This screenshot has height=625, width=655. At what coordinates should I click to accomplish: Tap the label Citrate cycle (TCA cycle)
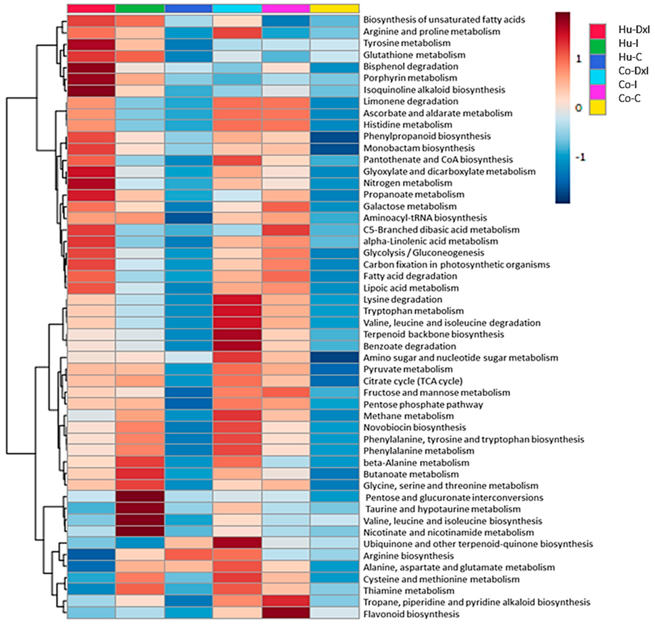[x=412, y=381]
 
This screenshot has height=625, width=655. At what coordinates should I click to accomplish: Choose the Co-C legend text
[x=629, y=98]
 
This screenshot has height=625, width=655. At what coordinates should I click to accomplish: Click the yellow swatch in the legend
[x=597, y=107]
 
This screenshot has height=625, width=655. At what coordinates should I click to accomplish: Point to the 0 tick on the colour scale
[x=579, y=108]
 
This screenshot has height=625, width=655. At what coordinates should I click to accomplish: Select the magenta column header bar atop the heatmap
[x=286, y=9]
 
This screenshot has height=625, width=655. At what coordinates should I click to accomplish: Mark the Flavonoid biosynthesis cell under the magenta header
[x=286, y=614]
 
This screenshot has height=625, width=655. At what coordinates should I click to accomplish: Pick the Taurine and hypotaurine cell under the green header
[x=140, y=509]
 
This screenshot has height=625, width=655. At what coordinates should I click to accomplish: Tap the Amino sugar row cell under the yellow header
[x=335, y=357]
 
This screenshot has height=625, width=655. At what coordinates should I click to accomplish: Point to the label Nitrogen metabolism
[x=407, y=183]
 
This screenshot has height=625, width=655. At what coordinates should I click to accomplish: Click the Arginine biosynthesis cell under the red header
[x=91, y=556]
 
